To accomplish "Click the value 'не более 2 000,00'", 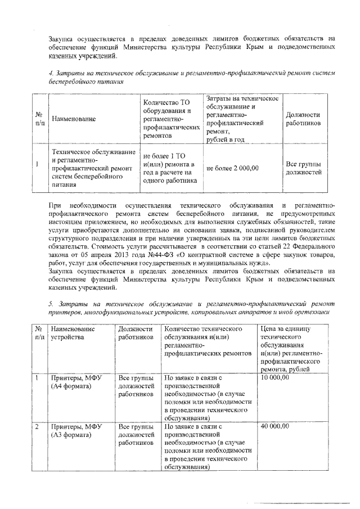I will (233, 168).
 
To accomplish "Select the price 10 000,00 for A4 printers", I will (274, 378).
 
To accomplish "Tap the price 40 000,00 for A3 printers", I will (274, 426).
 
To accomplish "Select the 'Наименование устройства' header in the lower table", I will (73, 332).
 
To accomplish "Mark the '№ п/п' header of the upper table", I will (39, 119).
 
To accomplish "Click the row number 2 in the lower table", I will (37, 426).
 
